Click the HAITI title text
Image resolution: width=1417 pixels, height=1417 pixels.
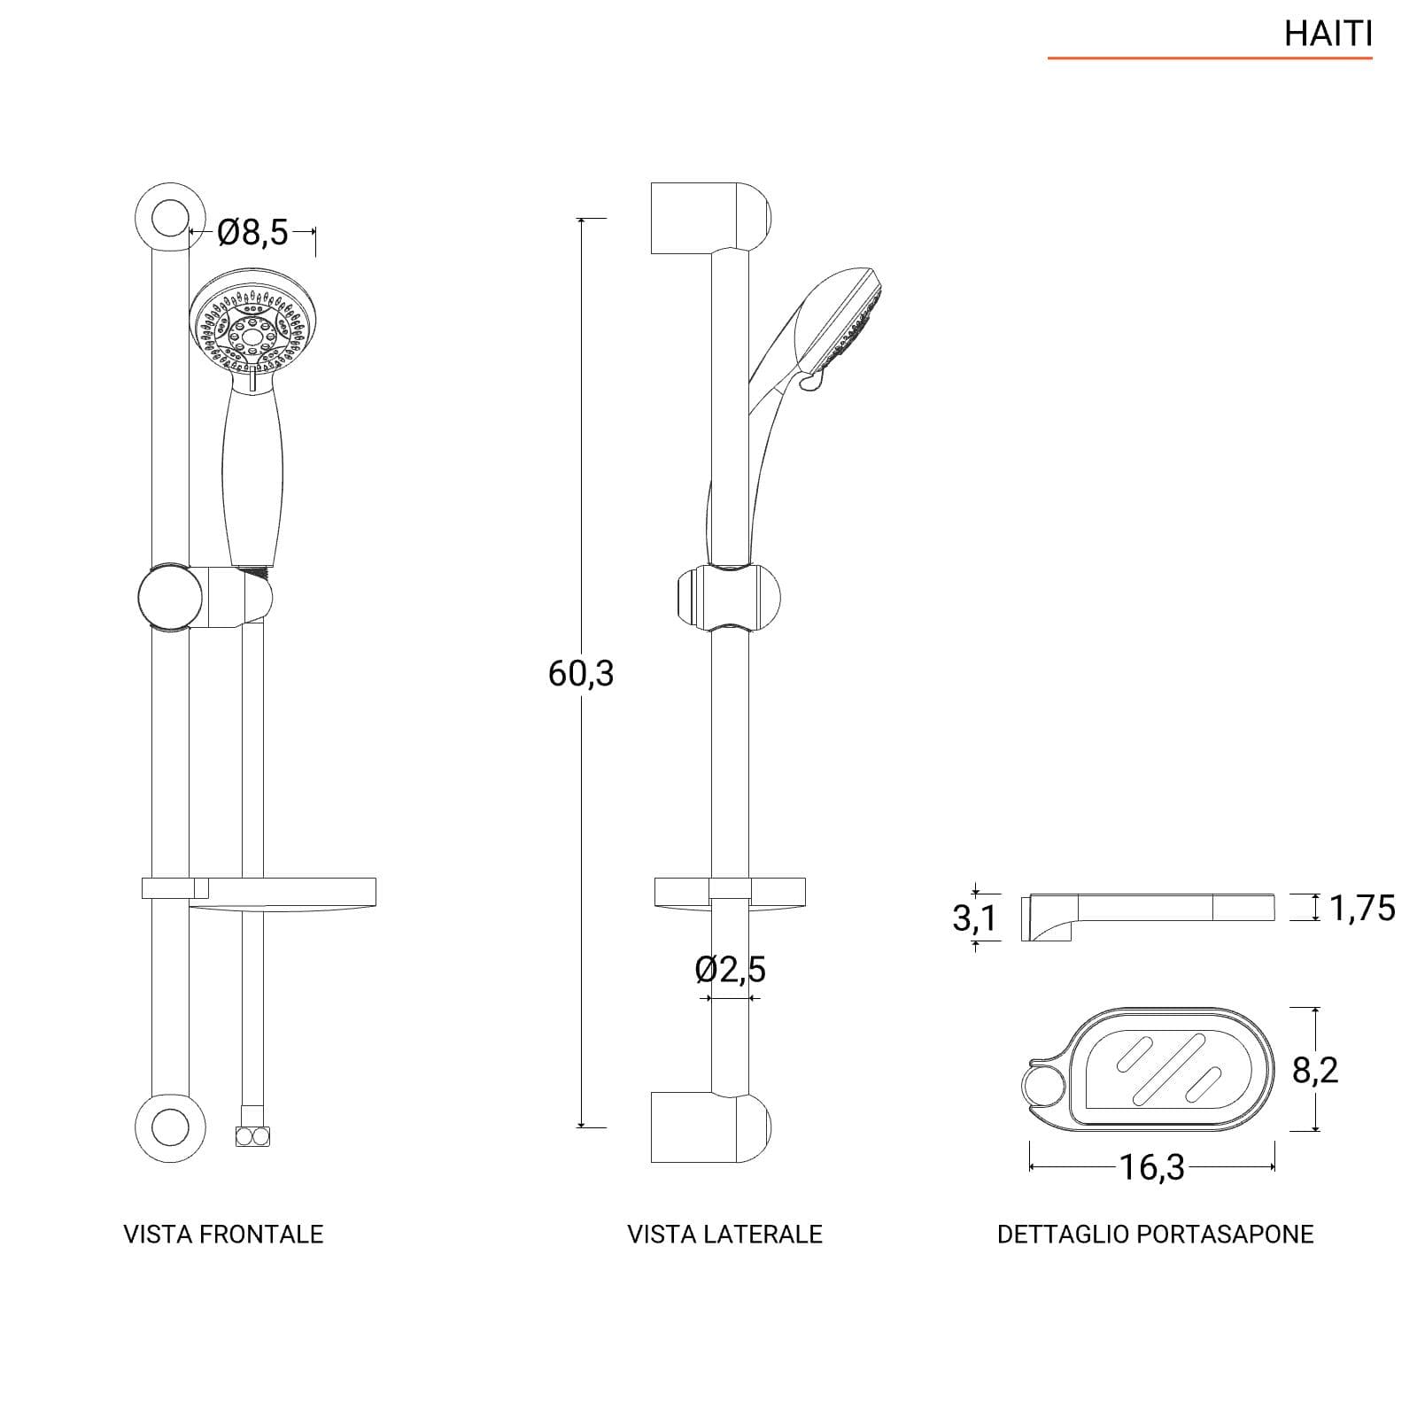click(x=1328, y=34)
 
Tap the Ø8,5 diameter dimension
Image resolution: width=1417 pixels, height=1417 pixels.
click(x=253, y=233)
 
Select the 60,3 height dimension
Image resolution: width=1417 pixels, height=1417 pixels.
click(x=581, y=674)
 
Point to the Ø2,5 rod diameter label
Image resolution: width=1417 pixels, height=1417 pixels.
click(x=731, y=970)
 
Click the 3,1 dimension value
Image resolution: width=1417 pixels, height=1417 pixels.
click(x=974, y=918)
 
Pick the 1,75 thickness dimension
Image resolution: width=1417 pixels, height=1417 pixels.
click(x=1362, y=909)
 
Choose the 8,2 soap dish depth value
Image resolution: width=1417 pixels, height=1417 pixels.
click(x=1315, y=1071)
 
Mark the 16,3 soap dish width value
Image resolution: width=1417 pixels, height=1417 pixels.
click(x=1152, y=1167)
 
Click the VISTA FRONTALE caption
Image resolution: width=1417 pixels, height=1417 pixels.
click(x=223, y=1235)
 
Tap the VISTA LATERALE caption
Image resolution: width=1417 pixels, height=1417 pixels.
click(x=725, y=1235)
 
